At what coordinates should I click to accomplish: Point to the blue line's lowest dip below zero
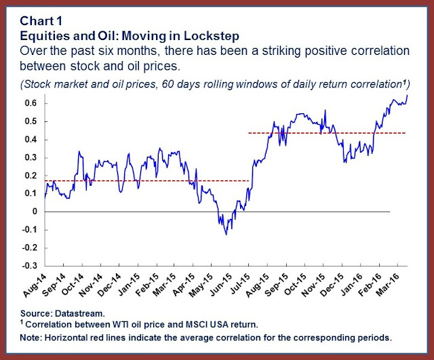[x=226, y=234]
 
